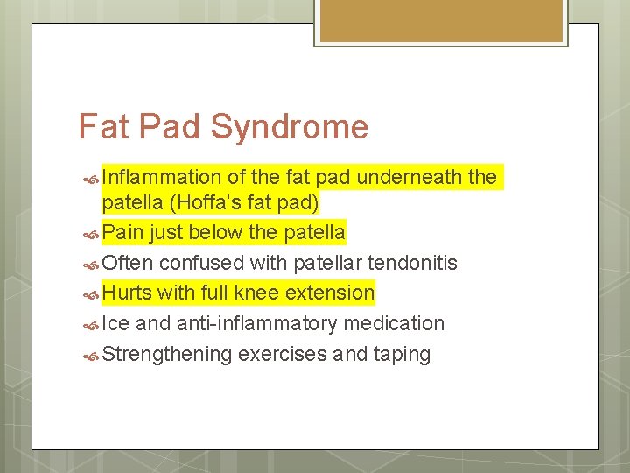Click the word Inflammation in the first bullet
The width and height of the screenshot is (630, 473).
pyautogui.click(x=162, y=178)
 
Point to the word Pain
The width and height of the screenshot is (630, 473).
pyautogui.click(x=122, y=233)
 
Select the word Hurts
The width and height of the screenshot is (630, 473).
pyautogui.click(x=127, y=293)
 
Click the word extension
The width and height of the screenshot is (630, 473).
pyautogui.click(x=329, y=293)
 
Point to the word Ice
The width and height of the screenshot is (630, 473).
pyautogui.click(x=115, y=323)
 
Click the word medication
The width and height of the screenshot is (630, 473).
pyautogui.click(x=394, y=323)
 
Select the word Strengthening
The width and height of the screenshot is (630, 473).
pyautogui.click(x=167, y=355)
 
